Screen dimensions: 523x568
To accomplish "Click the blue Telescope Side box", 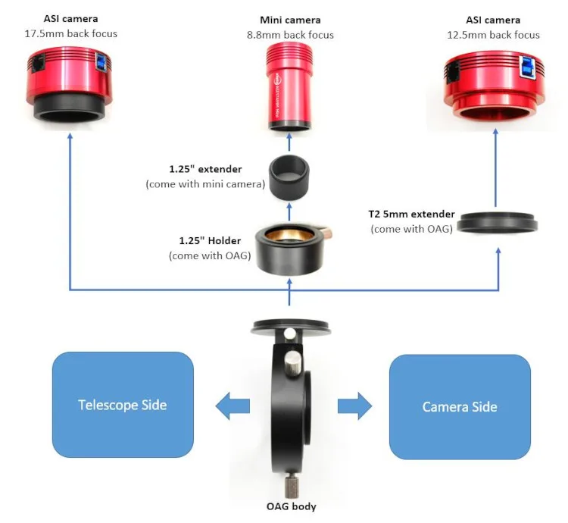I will (123, 405).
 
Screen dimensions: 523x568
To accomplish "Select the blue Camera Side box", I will (459, 407).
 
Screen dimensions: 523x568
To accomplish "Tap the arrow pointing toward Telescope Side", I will (232, 406).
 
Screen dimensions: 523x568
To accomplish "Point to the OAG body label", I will (290, 506).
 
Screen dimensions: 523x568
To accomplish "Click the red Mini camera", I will (290, 86).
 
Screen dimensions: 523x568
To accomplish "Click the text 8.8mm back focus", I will (290, 35).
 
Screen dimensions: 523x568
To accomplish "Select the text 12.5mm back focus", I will (496, 35).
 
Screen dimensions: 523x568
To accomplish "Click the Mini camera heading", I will (290, 20).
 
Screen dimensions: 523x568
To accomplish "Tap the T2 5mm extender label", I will (412, 215).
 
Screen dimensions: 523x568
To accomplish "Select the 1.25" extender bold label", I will (206, 170).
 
